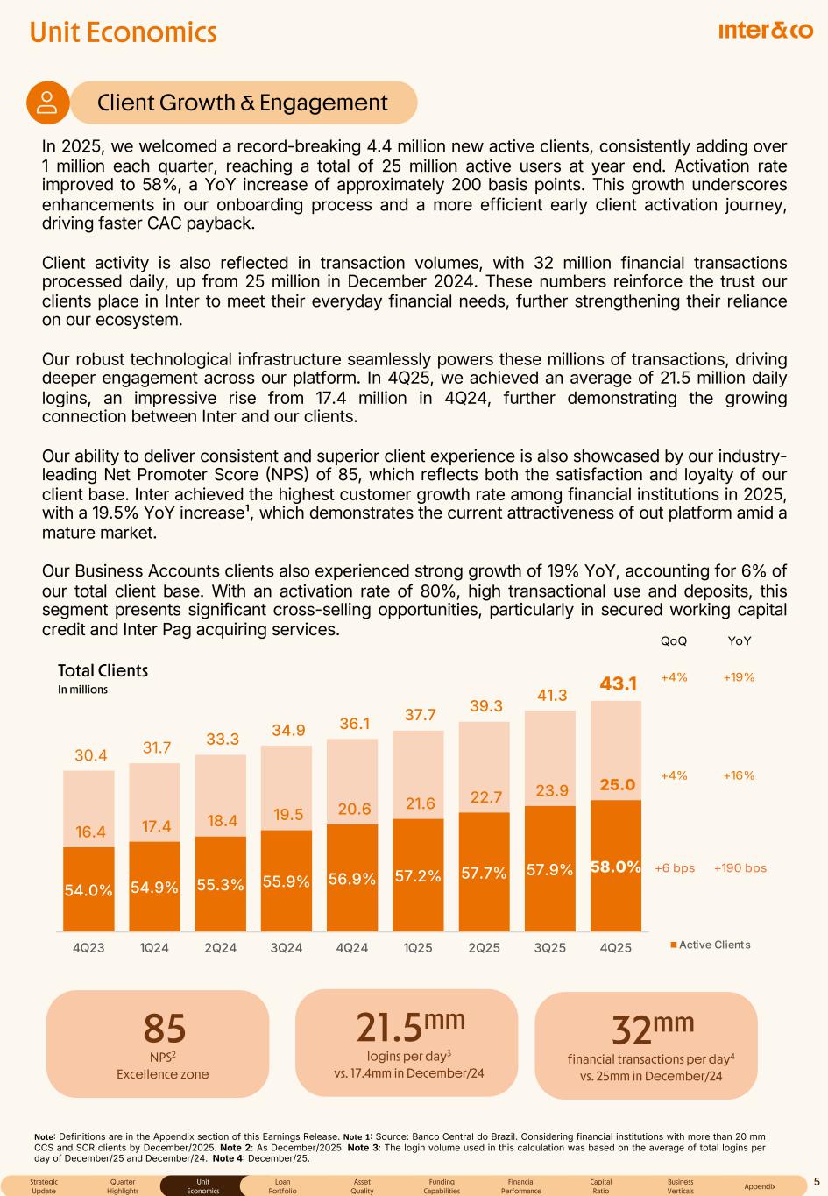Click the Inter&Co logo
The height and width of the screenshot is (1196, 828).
point(765,31)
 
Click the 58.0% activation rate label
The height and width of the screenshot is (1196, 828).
point(616,867)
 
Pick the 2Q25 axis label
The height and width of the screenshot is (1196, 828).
point(484,947)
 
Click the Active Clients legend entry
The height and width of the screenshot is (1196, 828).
point(711,945)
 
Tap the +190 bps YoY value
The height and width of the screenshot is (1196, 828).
point(740,868)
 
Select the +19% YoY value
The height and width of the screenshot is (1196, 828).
point(739,677)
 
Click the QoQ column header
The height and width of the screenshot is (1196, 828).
point(673,641)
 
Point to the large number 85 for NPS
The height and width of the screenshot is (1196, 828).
point(164,1030)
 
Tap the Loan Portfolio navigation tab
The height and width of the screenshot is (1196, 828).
point(282,1186)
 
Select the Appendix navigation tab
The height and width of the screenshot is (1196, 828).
point(760,1186)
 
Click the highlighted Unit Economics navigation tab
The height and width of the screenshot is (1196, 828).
point(202,1186)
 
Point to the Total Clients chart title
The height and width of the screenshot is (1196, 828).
point(103,671)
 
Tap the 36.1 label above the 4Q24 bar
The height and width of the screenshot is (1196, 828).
point(354,724)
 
